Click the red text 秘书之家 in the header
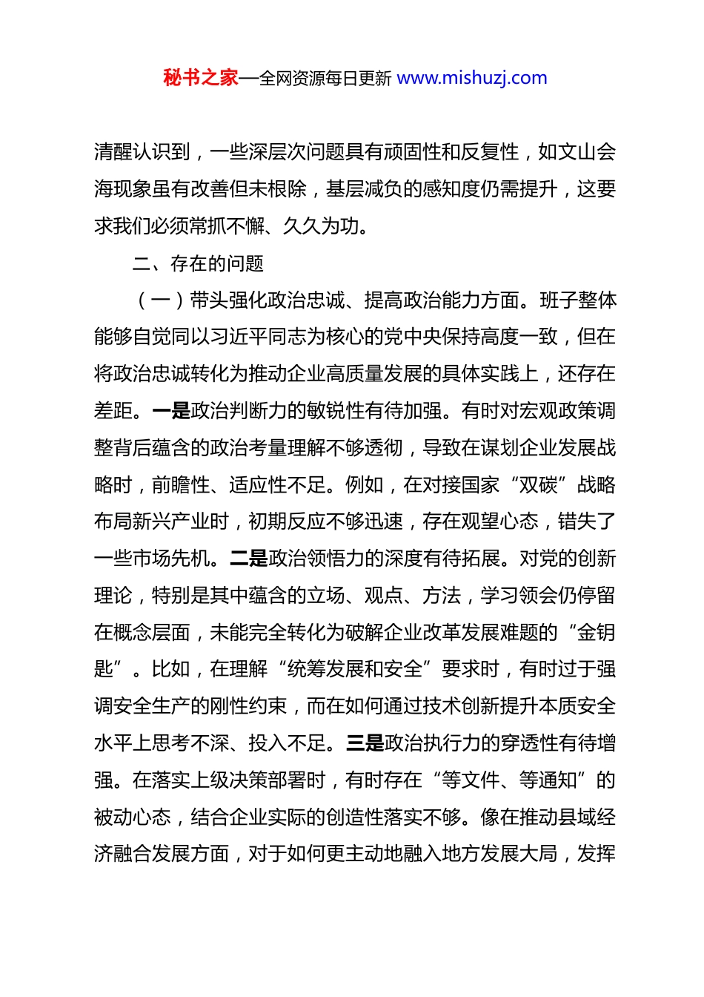coord(201,78)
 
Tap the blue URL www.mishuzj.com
coord(472,78)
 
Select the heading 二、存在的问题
coord(198,263)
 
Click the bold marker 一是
coord(171,411)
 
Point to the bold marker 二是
coord(249,559)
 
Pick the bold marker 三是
coord(365,743)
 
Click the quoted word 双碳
coord(539,485)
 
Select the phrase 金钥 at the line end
coord(597,633)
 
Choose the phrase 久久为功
coord(325,226)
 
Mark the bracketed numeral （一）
coord(160,300)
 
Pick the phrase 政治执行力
coord(432,743)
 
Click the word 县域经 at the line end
coord(587,817)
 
